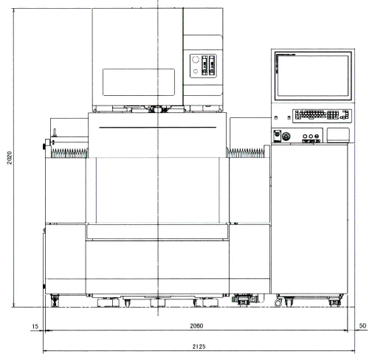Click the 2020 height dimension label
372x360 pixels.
coord(9,158)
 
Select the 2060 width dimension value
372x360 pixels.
coord(196,326)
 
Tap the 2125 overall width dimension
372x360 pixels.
coord(199,347)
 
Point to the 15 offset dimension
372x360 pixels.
coord(35,326)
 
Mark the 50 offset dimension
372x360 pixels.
coord(362,326)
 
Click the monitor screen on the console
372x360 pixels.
coord(313,76)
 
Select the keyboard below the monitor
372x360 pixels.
coord(322,115)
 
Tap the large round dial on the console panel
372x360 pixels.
coord(286,136)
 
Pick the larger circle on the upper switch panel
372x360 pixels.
coord(196,59)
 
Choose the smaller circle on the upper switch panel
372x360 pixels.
coord(196,72)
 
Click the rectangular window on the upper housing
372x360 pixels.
coord(139,82)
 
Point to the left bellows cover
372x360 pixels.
coord(69,153)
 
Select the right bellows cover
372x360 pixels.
coord(246,153)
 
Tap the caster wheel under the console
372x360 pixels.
coord(278,303)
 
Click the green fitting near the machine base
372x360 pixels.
coord(233,300)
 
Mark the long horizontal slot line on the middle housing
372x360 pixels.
coord(157,128)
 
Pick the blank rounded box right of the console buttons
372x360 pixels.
coord(338,135)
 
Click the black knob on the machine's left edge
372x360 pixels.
coord(44,146)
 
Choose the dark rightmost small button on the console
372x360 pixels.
coord(317,136)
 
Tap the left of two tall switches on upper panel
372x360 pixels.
coord(204,65)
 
